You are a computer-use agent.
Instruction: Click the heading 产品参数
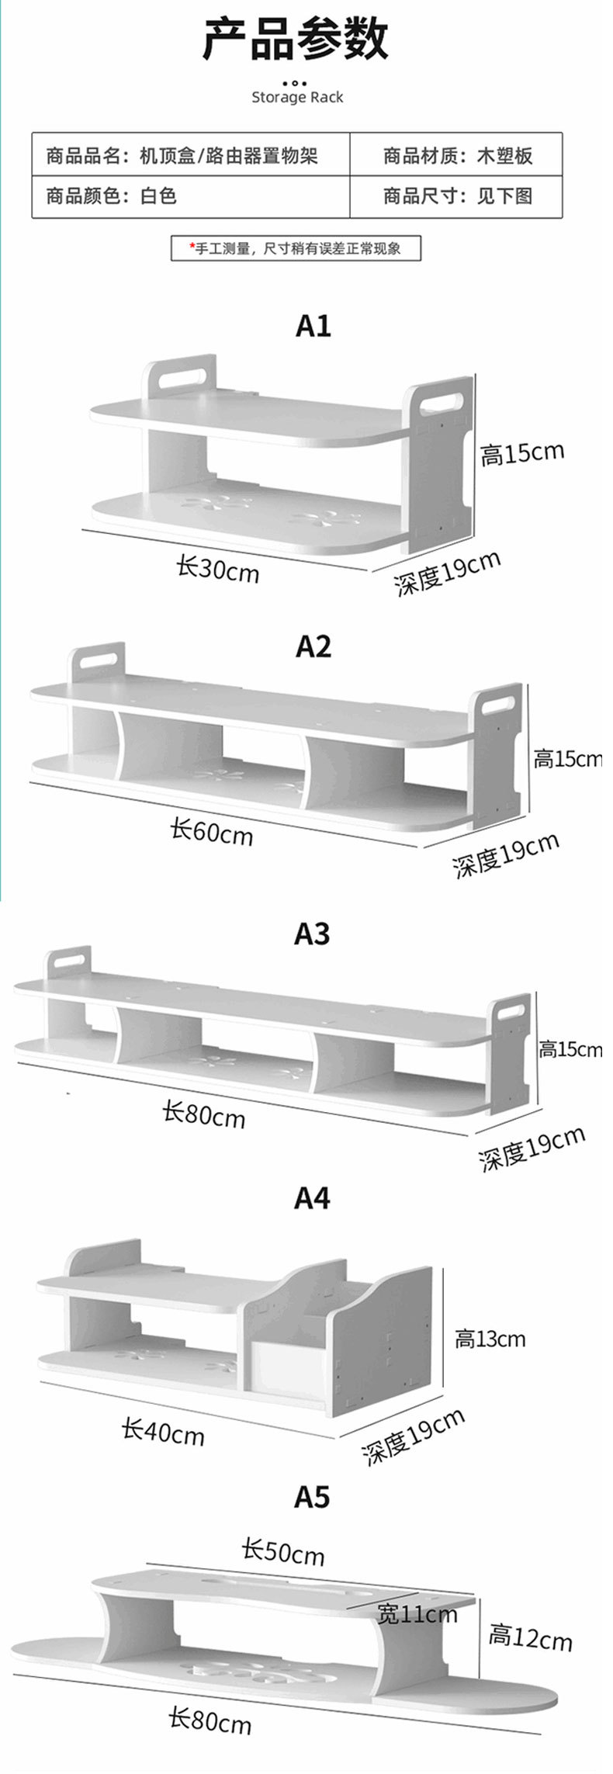pos(296,40)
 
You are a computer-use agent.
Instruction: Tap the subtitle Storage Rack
pos(297,98)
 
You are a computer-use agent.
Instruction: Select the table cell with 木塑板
pos(504,156)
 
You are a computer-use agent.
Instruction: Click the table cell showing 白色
pos(158,196)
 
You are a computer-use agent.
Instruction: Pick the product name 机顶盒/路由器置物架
pos(229,156)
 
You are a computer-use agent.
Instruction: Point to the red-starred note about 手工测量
pos(296,249)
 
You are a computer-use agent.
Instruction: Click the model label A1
pos(313,326)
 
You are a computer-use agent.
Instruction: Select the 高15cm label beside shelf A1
pos(521,453)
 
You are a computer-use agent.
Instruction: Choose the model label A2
pos(313,646)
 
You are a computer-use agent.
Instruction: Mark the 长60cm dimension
pos(212,832)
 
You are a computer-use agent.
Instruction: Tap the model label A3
pos(312,934)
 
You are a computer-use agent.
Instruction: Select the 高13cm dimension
pos(490,1339)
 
